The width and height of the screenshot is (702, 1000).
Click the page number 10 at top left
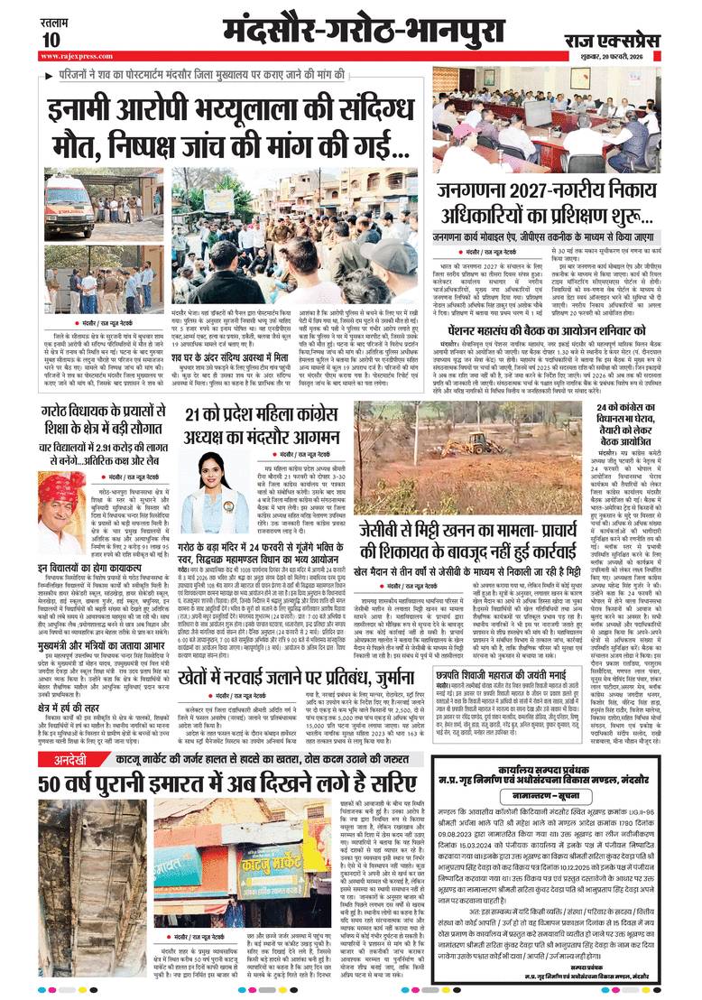(x=51, y=39)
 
